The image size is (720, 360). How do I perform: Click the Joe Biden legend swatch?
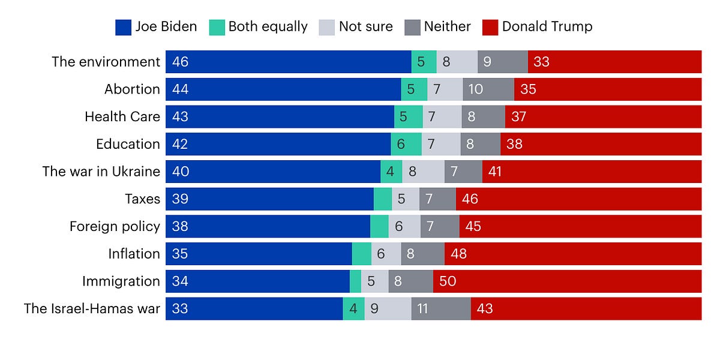click(124, 26)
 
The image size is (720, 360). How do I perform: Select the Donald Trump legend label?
click(547, 26)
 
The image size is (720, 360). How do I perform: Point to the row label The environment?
click(106, 62)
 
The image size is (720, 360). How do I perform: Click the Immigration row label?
click(121, 281)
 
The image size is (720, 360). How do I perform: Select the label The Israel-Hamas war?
click(92, 309)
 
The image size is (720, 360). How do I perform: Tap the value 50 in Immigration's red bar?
click(448, 281)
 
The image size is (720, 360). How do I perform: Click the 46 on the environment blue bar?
click(180, 62)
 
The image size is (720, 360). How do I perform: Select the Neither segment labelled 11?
click(440, 309)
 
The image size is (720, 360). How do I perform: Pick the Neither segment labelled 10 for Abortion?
click(488, 89)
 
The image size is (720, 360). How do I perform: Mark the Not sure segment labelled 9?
click(388, 309)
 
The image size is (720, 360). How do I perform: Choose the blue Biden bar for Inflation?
click(258, 254)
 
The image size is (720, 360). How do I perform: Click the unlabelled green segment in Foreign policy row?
click(379, 227)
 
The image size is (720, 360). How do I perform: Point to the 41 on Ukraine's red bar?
click(495, 172)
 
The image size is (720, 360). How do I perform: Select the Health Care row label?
click(122, 116)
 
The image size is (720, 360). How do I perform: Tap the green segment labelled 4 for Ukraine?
click(391, 172)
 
